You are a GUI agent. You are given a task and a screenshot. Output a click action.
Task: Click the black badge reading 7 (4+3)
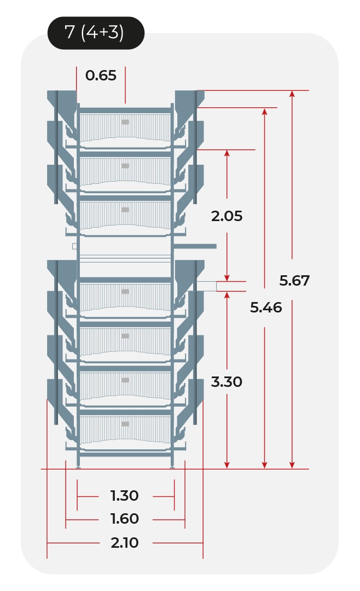96,33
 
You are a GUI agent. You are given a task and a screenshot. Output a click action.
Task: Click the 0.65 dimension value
101,76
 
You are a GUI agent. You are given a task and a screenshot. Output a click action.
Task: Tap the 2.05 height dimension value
227,216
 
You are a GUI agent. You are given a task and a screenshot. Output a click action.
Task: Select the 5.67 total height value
294,280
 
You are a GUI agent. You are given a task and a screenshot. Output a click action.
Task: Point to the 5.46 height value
266,308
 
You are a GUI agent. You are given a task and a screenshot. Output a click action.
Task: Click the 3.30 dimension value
227,382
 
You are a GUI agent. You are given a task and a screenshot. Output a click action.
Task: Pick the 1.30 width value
125,496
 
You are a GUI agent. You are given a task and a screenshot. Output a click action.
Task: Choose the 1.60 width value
125,519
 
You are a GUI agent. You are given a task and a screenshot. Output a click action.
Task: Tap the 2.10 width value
125,543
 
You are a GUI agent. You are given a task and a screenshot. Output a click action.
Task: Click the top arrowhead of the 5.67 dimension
292,94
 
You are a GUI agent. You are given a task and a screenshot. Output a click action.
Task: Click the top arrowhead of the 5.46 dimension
265,112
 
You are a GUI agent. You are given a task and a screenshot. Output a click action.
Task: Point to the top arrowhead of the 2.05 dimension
227,153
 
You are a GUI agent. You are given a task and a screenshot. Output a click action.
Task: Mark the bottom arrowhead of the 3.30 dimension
227,465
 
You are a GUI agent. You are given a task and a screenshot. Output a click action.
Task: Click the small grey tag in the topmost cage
125,122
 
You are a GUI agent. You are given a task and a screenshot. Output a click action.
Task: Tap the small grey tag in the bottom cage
125,424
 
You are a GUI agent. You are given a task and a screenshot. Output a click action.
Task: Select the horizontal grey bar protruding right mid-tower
195,246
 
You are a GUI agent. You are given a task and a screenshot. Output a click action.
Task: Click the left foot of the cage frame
78,467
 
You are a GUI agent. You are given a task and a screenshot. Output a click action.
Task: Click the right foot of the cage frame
172,467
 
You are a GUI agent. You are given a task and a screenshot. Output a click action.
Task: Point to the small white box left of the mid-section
74,246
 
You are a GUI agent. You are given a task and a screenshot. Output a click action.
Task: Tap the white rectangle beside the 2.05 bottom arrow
207,286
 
